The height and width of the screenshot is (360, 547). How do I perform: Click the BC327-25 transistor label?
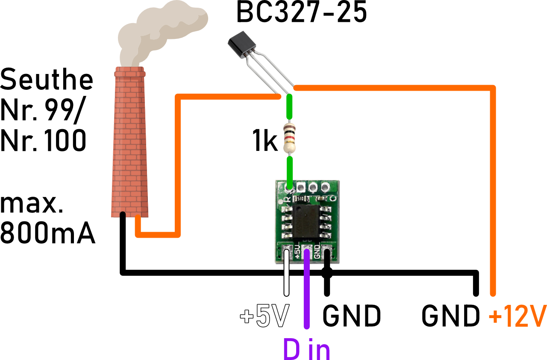(301, 13)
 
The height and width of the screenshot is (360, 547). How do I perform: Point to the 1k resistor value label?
(265, 142)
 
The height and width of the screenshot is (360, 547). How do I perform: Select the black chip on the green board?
(305, 221)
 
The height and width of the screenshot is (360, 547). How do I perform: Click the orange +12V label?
(518, 316)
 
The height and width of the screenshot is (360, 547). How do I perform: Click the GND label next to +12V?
(450, 316)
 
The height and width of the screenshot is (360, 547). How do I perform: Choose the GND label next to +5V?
(351, 316)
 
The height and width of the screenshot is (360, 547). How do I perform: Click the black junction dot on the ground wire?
(327, 272)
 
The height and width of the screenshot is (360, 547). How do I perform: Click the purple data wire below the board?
(306, 295)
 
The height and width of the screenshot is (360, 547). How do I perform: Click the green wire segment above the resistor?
(290, 107)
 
